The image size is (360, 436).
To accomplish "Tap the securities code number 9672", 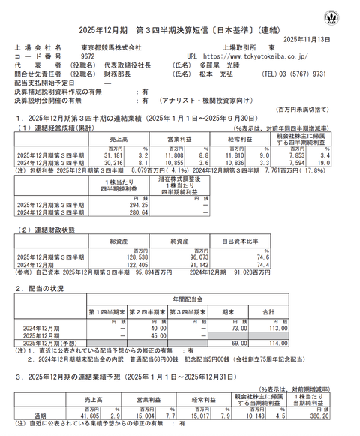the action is click(87, 56).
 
